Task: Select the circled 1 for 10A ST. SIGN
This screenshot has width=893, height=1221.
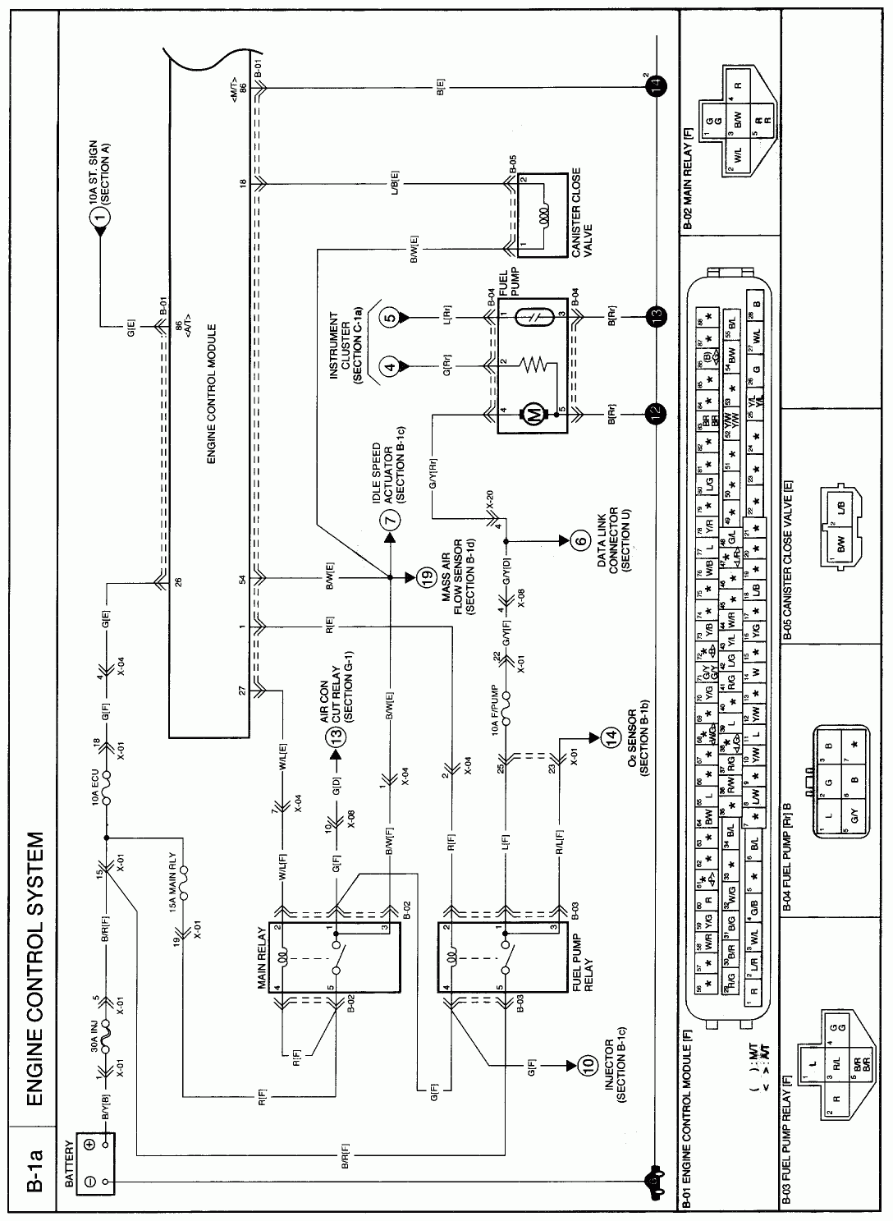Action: [x=100, y=216]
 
